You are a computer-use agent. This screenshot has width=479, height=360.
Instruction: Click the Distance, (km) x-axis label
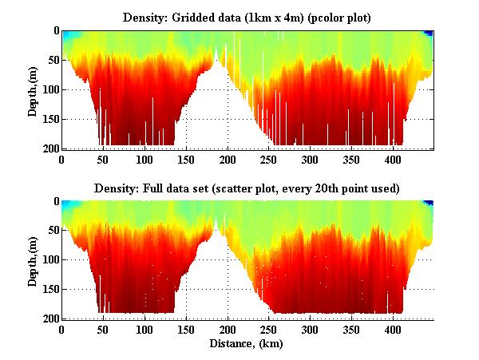[x=247, y=344]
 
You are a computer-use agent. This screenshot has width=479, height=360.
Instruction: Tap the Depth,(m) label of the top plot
[x=33, y=89]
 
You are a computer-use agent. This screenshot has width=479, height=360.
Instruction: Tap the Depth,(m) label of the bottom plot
[x=33, y=260]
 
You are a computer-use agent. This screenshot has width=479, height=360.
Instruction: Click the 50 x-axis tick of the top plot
[x=103, y=160]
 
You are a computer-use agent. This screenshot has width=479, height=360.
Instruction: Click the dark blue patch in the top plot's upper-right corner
[x=430, y=33]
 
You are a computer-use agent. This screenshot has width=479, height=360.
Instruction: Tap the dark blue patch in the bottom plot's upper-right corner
[x=430, y=204]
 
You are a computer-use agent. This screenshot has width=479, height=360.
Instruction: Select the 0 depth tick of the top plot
[x=54, y=30]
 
